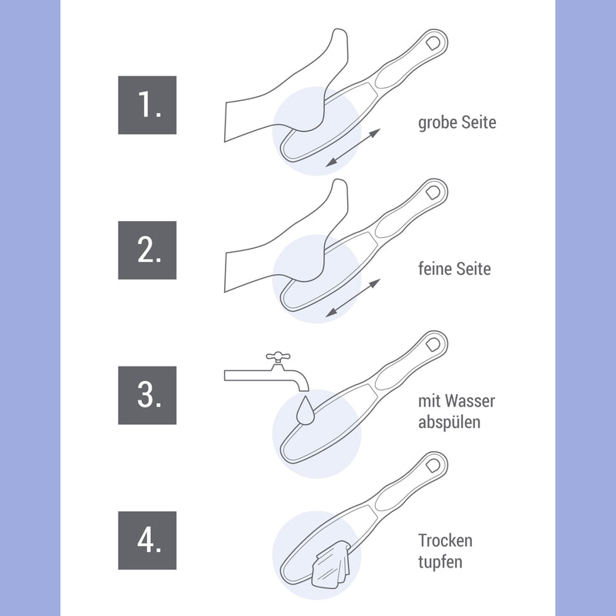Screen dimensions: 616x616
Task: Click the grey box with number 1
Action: [147, 105]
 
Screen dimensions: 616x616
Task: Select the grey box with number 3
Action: [147, 395]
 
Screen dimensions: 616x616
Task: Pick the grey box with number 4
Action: [147, 541]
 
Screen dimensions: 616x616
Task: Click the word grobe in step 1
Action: [437, 122]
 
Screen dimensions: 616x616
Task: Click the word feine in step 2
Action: [435, 269]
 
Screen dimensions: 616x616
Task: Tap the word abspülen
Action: [450, 423]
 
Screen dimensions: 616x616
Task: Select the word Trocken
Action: [445, 541]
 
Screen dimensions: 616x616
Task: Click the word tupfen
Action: [440, 562]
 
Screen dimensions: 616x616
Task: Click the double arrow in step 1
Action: [353, 147]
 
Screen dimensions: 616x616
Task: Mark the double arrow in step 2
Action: [353, 298]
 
